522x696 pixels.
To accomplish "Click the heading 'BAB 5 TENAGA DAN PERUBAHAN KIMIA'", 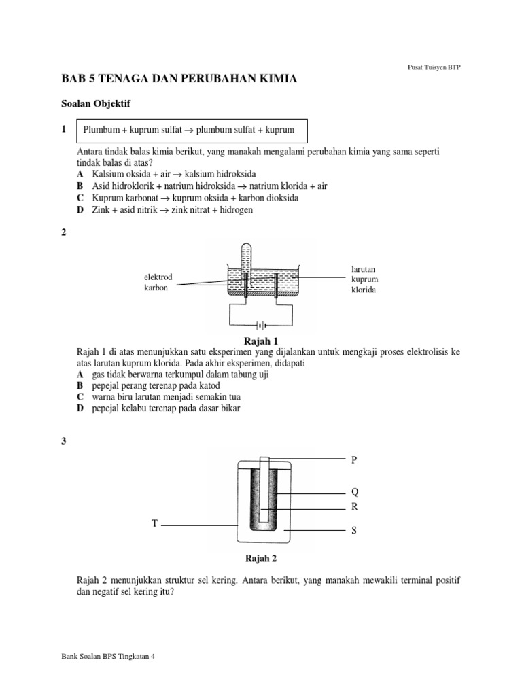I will [x=179, y=79].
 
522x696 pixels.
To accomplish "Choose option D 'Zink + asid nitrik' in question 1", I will [x=164, y=210].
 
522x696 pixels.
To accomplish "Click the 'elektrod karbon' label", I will [x=158, y=283].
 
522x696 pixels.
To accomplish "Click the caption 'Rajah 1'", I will [x=261, y=341].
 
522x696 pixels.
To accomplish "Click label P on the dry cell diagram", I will [x=353, y=460].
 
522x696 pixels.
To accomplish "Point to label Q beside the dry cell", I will [x=354, y=491].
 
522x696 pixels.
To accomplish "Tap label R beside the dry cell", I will [x=354, y=507].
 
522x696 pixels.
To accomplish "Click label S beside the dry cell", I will [x=353, y=531].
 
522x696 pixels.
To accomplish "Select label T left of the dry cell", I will [x=154, y=523].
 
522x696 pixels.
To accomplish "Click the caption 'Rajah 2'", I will [x=261, y=559].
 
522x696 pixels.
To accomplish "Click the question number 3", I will [x=64, y=441].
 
